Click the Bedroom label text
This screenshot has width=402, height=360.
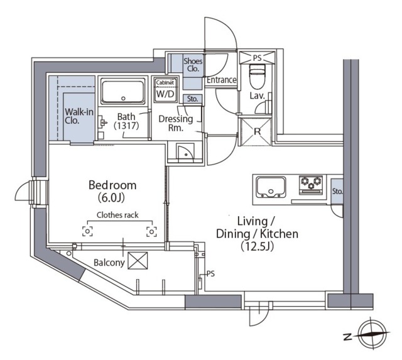point(112,185)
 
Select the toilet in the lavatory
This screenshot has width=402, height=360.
point(257,75)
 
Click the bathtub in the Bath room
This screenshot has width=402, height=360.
point(123,91)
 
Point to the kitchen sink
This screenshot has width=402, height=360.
point(271,187)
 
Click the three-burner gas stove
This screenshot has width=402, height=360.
point(311,185)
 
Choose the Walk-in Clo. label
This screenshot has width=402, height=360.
point(79,116)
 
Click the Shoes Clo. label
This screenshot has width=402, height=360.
point(193,65)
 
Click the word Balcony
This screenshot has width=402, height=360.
point(109,263)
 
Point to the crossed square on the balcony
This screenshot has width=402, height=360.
point(138,261)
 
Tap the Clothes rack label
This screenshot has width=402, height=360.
point(117,215)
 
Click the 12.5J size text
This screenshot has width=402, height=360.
point(257,246)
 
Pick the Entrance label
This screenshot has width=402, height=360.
point(221,80)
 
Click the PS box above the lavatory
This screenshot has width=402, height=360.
point(257,58)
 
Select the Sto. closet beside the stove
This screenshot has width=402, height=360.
point(337,191)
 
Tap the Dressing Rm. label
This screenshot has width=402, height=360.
point(176,123)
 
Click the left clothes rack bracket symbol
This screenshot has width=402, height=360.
point(87,232)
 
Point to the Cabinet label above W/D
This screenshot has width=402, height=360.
point(165,82)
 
